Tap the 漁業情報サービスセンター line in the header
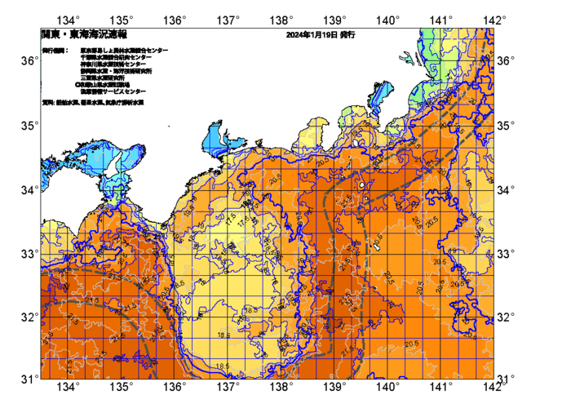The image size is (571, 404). [113, 91]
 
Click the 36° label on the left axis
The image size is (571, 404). [29, 61]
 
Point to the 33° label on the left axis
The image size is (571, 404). [29, 253]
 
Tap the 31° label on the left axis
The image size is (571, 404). [29, 379]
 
